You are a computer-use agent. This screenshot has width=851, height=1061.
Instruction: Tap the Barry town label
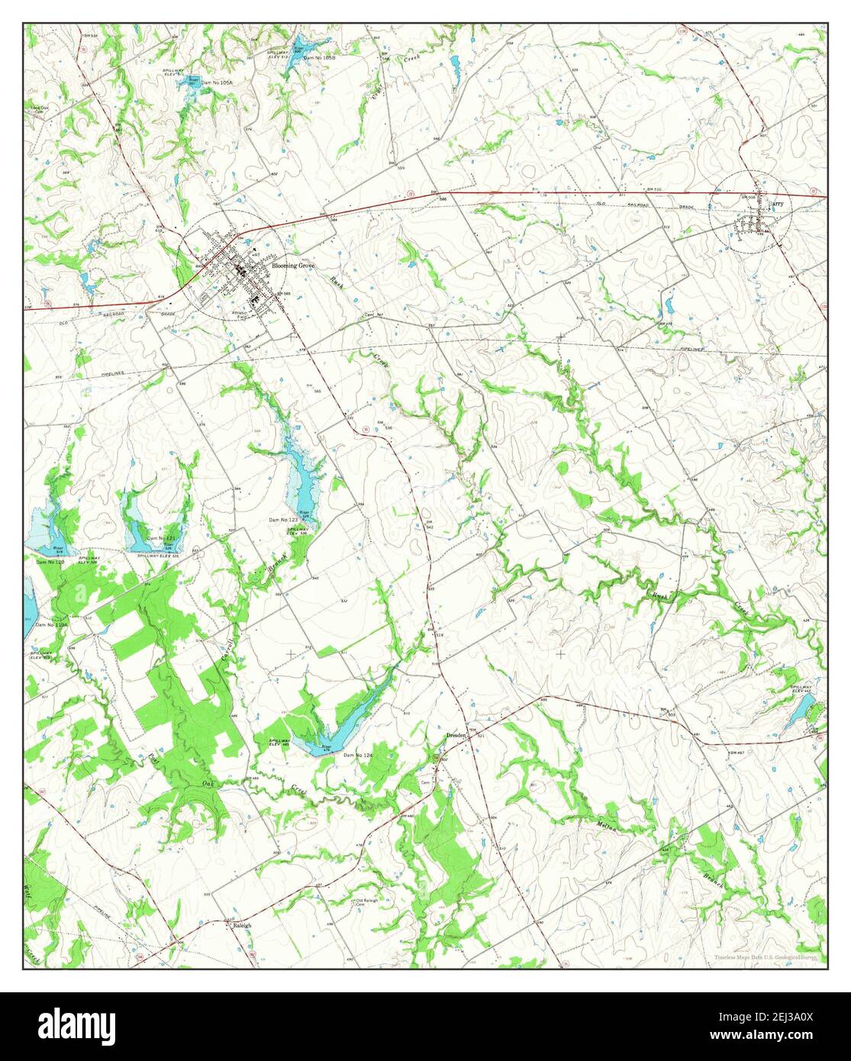coord(776,205)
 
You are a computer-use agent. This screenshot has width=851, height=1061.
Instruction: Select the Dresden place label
coord(457,735)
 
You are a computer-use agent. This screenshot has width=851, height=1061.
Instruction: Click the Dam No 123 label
coord(282,520)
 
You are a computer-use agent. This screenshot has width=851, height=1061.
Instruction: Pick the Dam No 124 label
coord(358,755)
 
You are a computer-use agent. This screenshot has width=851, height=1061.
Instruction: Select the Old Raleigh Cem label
coord(369,902)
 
